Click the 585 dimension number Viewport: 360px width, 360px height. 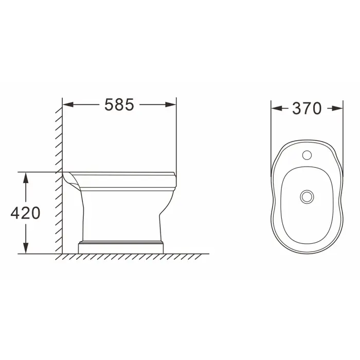(x=119, y=105)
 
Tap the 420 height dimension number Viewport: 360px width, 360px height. (x=26, y=213)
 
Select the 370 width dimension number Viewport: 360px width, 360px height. (x=307, y=109)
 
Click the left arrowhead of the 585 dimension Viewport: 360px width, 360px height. (x=68, y=105)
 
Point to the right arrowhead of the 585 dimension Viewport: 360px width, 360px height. (x=171, y=105)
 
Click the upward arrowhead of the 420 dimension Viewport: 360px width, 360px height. (x=26, y=177)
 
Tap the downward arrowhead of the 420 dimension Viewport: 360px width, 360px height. (x=26, y=248)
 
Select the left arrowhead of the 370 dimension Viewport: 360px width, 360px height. (x=277, y=109)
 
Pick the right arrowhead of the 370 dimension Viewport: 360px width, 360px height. (x=337, y=109)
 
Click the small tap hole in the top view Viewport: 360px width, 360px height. (x=307, y=155)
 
